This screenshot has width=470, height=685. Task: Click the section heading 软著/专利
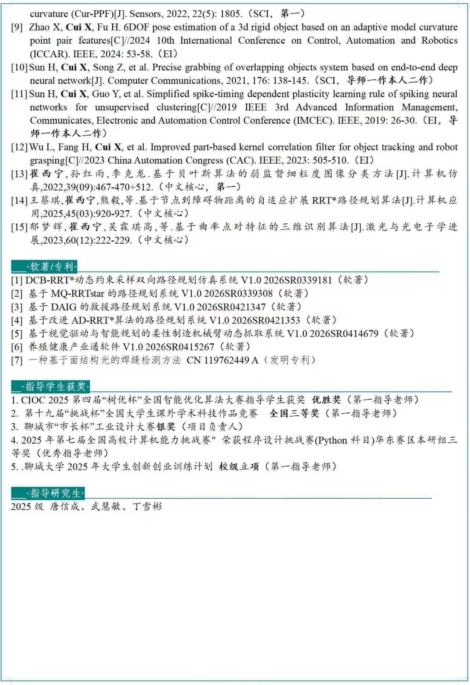click(51, 266)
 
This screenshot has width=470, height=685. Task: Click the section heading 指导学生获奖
click(55, 386)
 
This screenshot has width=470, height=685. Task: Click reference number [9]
click(17, 28)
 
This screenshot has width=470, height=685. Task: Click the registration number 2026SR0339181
click(298, 280)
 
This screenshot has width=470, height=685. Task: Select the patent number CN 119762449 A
click(223, 360)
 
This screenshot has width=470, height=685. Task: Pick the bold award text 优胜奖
click(326, 400)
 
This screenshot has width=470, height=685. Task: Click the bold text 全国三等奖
click(294, 413)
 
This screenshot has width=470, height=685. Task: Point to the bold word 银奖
click(166, 426)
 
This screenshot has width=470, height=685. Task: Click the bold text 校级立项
click(239, 466)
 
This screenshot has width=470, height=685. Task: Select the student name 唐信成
click(65, 507)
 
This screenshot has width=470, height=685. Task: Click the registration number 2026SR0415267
click(180, 347)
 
